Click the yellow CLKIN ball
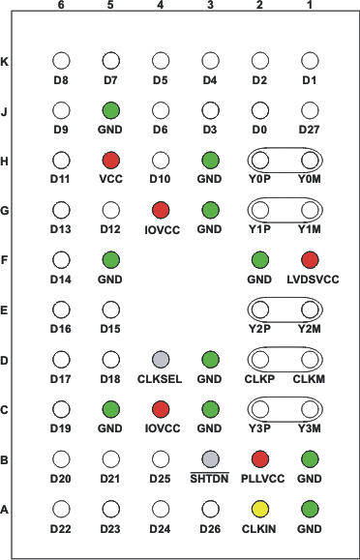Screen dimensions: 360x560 [259, 508]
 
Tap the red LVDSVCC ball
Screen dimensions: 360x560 [310, 259]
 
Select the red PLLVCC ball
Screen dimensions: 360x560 [259, 458]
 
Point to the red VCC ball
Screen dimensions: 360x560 [110, 159]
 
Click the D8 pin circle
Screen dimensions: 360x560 [61, 60]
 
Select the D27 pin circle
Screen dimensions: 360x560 [310, 109]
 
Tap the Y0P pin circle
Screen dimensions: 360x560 [259, 159]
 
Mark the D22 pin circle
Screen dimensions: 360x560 [61, 508]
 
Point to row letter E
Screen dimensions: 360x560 [8, 309]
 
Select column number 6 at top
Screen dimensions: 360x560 [61, 6]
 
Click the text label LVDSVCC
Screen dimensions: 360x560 [311, 280]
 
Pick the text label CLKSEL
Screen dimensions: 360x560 [161, 379]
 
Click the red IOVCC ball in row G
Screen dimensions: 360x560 [161, 209]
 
